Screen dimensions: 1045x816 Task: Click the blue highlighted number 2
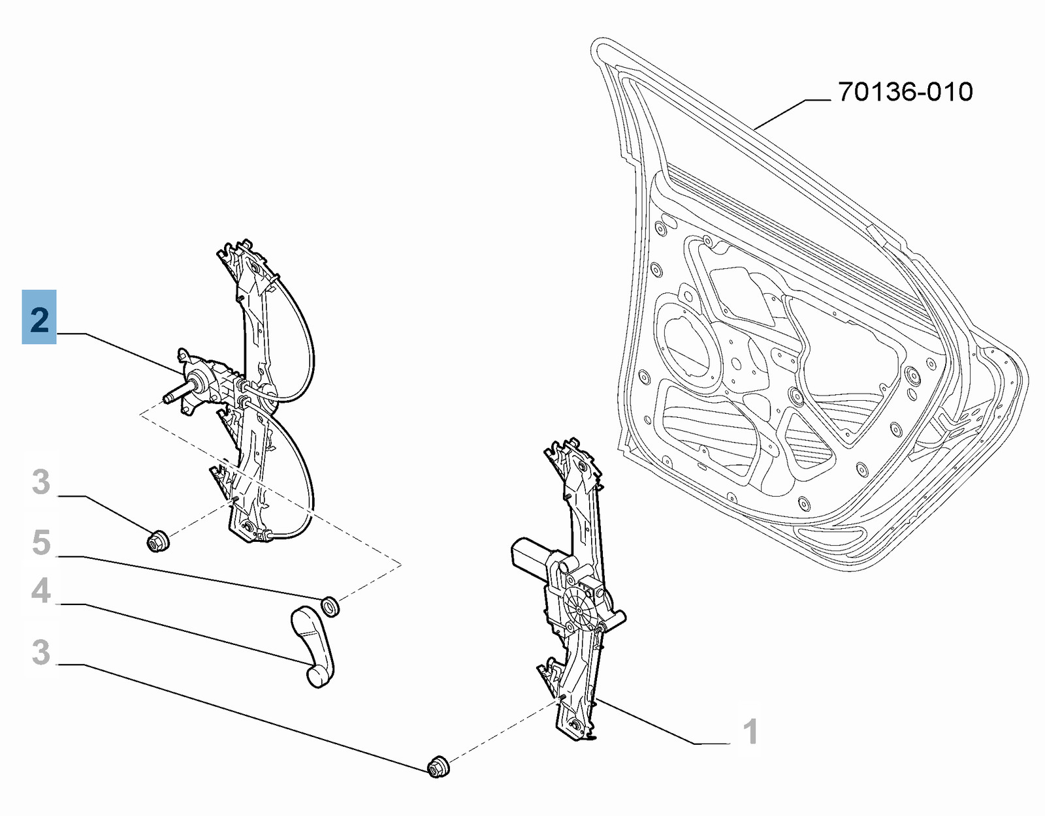[39, 317]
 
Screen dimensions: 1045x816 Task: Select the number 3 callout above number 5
[41, 482]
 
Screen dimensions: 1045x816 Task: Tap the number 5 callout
[41, 543]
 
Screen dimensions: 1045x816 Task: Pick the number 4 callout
[41, 591]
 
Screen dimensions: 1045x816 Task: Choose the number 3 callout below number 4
[41, 653]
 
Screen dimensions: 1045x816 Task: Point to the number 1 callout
[750, 731]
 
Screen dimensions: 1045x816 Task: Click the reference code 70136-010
[905, 92]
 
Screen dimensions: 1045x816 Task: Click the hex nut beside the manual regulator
[157, 541]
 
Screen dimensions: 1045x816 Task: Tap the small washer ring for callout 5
[330, 606]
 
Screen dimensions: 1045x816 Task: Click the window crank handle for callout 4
[313, 647]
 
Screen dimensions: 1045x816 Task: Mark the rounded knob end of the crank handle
[318, 675]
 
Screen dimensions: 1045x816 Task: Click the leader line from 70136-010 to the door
[792, 114]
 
